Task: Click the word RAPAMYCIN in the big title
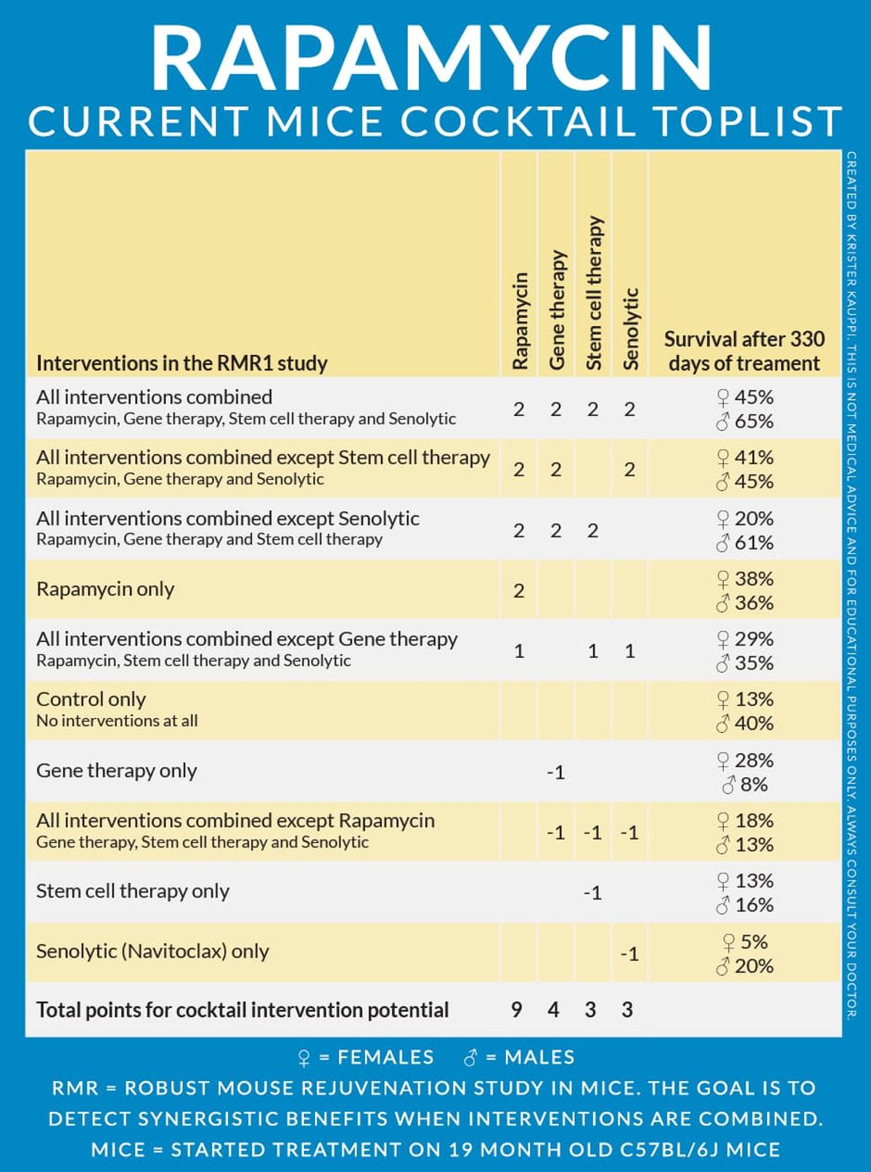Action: point(433,58)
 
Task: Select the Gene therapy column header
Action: point(557,310)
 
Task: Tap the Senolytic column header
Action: point(631,328)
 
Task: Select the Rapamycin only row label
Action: point(105,589)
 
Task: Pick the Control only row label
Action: point(91,699)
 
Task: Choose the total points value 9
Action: point(516,1009)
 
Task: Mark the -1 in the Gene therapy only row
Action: point(556,773)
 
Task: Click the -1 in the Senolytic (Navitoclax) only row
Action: point(629,953)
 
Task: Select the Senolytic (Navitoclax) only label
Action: point(152,951)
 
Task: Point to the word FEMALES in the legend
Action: point(385,1057)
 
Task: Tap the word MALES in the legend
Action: point(539,1057)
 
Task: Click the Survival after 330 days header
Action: point(744,351)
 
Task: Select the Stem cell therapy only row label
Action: point(133,891)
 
